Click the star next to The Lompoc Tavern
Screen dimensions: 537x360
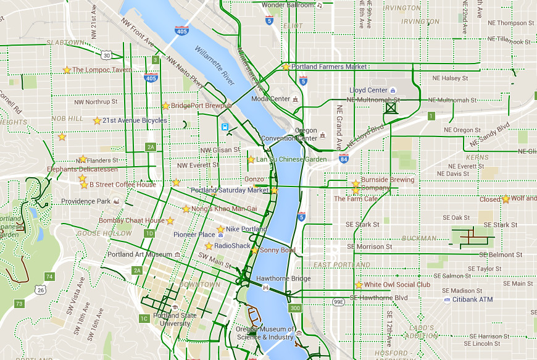(67, 70)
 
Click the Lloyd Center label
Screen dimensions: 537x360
(368, 90)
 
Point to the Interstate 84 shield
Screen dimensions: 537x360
(343, 159)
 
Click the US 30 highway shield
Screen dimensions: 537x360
(107, 56)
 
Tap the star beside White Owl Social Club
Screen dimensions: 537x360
(359, 285)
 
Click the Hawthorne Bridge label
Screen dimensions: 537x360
(283, 278)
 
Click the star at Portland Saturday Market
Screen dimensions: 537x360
(274, 190)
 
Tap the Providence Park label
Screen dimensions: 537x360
(85, 201)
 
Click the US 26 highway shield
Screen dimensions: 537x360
(40, 290)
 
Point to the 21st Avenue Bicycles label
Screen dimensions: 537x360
(135, 120)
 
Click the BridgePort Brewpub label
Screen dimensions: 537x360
(201, 106)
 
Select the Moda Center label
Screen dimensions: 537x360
(271, 99)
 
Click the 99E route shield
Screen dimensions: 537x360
(338, 302)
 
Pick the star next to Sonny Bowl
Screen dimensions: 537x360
(254, 250)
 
